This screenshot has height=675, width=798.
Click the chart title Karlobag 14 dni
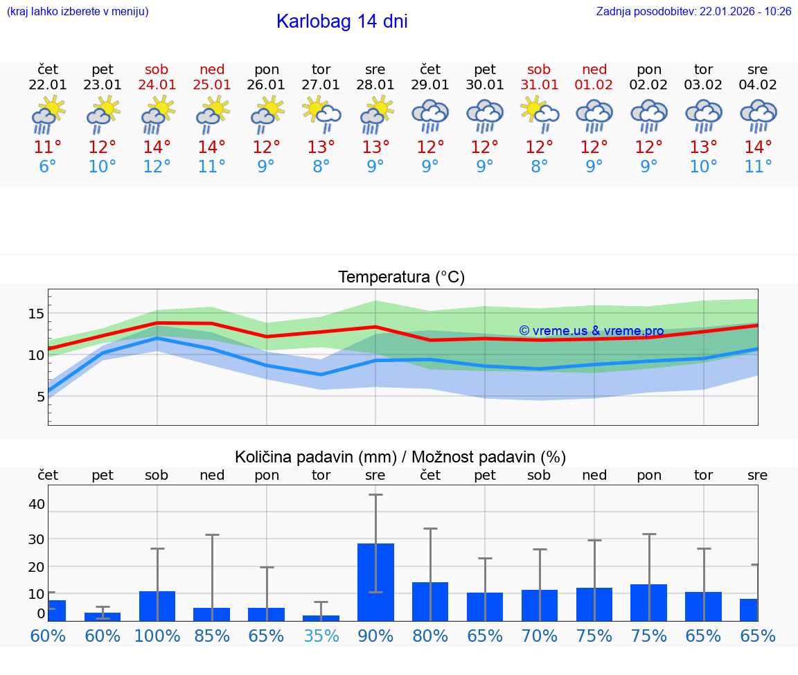(x=342, y=21)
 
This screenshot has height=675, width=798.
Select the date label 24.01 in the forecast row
(x=157, y=85)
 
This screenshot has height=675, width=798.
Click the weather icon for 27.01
(x=321, y=114)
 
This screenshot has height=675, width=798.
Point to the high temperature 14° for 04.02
(x=758, y=147)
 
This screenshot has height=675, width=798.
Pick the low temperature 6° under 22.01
(x=48, y=167)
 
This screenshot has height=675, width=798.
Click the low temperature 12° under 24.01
(x=157, y=167)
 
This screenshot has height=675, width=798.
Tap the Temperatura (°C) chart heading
(x=401, y=278)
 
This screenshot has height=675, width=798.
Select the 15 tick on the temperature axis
(x=36, y=314)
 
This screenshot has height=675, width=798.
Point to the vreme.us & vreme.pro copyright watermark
(x=592, y=331)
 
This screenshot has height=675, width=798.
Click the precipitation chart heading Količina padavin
(x=400, y=457)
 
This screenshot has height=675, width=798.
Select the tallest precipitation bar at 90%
(x=375, y=582)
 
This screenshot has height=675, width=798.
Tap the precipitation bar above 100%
(x=157, y=606)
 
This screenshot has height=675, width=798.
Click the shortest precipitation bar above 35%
(x=321, y=618)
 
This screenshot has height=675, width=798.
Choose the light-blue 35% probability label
(x=321, y=636)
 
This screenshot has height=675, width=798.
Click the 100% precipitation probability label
(x=157, y=636)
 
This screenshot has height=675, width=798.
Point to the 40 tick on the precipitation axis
(x=36, y=504)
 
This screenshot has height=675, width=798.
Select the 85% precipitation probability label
(x=211, y=636)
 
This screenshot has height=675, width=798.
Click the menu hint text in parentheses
(x=78, y=12)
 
